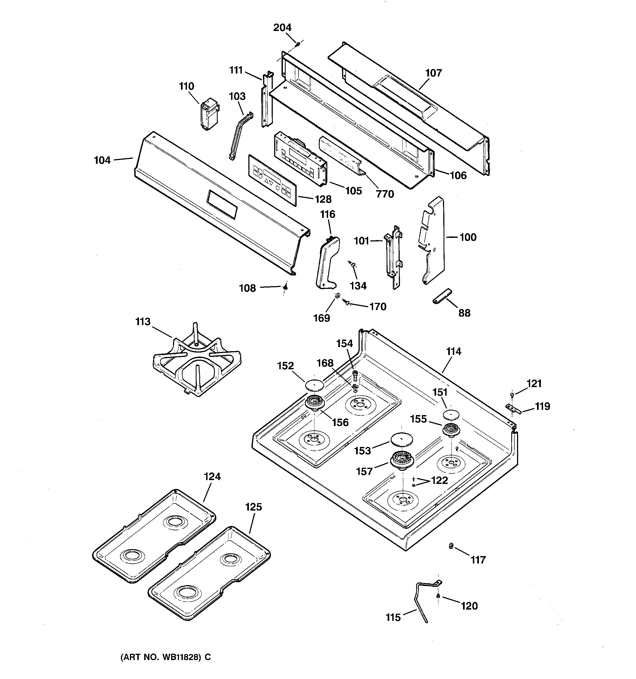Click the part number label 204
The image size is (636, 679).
282,28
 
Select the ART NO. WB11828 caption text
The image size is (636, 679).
166,657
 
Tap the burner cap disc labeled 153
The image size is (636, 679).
401,439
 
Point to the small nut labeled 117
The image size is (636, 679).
451,546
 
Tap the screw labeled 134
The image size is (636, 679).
352,264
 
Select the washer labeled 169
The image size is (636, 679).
337,295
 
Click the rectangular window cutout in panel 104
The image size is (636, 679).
222,204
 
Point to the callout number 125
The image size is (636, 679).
253,507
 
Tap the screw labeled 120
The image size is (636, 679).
438,596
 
